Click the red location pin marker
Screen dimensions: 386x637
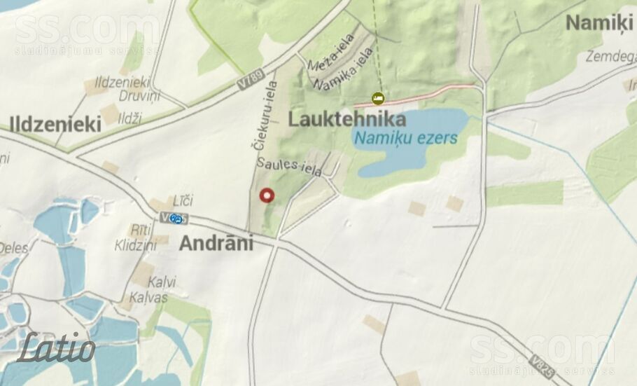click(267, 195)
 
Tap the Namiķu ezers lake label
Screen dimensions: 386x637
click(405, 137)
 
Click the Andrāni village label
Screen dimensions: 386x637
click(216, 243)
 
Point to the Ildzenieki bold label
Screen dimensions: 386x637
click(55, 125)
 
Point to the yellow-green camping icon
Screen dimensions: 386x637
click(378, 98)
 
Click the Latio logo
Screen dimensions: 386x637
click(57, 348)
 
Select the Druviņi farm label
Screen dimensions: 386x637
click(139, 97)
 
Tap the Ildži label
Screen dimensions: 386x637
click(129, 118)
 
